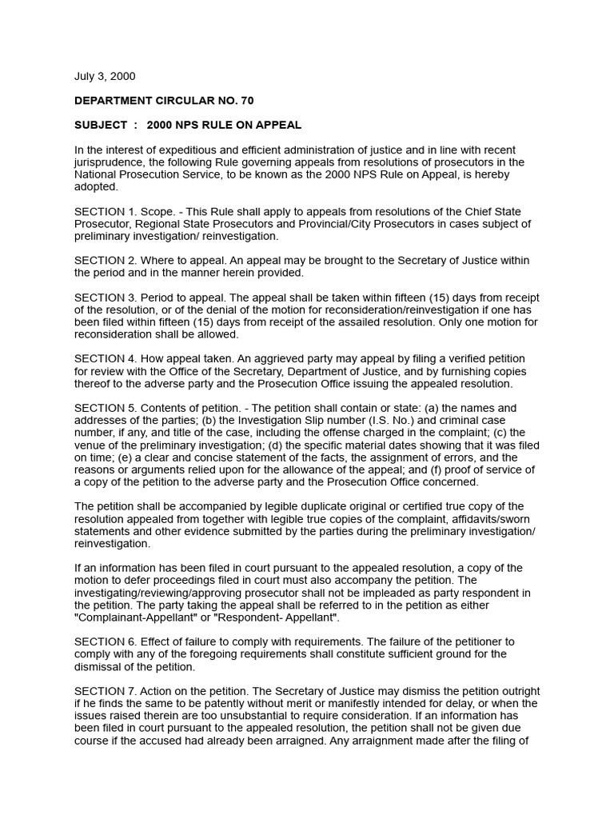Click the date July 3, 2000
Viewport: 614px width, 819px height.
(x=105, y=77)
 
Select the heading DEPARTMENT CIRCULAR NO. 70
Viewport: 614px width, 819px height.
(x=164, y=101)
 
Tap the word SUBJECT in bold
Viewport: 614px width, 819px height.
(x=101, y=125)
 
